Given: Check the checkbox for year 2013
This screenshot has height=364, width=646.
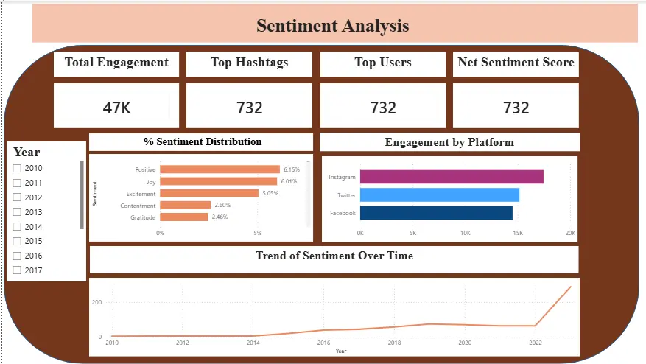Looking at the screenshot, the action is [17, 212].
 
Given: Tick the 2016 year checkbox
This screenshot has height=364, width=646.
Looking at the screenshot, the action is [17, 256].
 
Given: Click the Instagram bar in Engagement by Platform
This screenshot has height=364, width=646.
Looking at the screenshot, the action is [452, 177].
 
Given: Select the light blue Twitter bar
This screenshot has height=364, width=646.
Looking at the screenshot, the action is [440, 195].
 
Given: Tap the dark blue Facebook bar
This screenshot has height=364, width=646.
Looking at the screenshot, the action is [436, 213].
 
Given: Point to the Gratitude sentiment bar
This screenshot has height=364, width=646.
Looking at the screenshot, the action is [183, 217].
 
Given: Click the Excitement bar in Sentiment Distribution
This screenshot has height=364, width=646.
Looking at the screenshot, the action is [209, 193].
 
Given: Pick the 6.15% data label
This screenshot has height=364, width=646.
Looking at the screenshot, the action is [292, 169].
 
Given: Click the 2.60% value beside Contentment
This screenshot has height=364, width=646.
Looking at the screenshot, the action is [222, 205].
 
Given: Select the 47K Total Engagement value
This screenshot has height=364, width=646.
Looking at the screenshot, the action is [116, 108].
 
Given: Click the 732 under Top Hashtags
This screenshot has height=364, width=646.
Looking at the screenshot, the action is [249, 108].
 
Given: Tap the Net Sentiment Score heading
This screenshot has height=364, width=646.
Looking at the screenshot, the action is [516, 62].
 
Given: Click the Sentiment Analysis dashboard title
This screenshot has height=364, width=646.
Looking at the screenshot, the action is [333, 26].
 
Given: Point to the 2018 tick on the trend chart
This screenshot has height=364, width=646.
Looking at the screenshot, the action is [394, 343].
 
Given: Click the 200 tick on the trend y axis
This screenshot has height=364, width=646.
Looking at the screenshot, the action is [96, 302].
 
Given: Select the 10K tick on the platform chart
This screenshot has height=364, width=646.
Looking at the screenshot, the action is [465, 233].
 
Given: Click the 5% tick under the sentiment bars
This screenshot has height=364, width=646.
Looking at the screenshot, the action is [258, 233].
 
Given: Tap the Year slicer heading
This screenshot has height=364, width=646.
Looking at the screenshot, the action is [27, 152].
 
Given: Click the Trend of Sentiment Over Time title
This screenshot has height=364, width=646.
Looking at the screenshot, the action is [334, 256].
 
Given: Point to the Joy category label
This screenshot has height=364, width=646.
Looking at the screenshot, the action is [151, 182].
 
